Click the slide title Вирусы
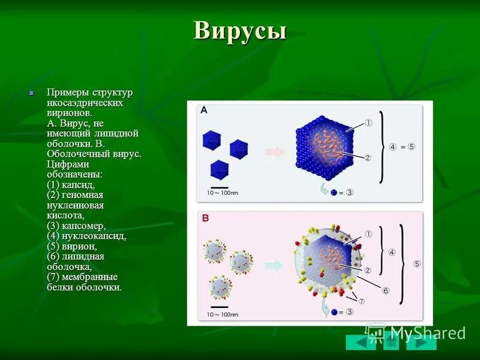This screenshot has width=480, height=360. click(x=240, y=31)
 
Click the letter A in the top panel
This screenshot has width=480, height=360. click(x=204, y=110)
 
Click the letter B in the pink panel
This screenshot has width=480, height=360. click(x=205, y=219)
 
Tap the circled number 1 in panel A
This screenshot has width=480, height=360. click(x=368, y=123)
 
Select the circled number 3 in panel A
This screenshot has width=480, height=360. click(x=349, y=193)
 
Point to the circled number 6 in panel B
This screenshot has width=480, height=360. click(x=385, y=290)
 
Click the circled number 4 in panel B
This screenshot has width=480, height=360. click(x=392, y=253)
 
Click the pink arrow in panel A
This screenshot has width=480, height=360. click(x=275, y=152)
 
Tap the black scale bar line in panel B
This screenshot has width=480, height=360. click(x=220, y=307)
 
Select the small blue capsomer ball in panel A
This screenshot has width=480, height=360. click(x=333, y=193)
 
